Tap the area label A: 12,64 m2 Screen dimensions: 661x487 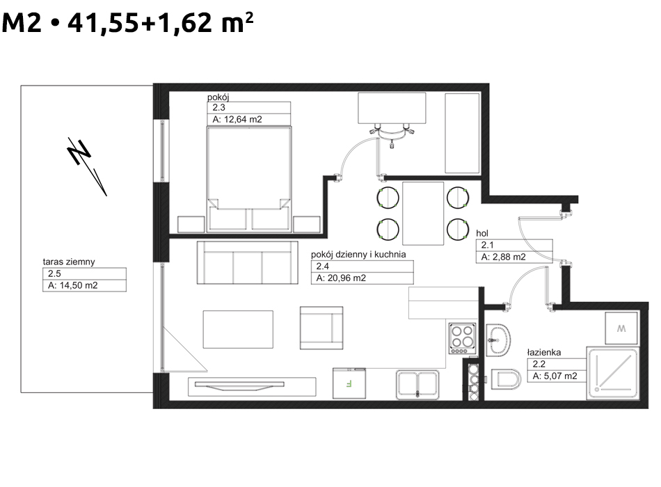tap(237, 120)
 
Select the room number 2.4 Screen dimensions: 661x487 tap(322, 266)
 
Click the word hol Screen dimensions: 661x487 tap(482, 233)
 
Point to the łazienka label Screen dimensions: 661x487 tap(544, 353)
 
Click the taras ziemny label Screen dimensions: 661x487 tap(69, 262)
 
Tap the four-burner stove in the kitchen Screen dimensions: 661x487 tap(462, 338)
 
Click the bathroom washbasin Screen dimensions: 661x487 tap(498, 340)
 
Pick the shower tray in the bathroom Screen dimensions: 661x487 tap(612, 374)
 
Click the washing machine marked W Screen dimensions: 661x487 tap(621, 328)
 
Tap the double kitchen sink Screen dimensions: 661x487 tap(417, 385)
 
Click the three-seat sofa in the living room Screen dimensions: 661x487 tap(248, 262)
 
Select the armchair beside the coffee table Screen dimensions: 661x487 tap(321, 328)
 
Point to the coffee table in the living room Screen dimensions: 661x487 tap(238, 329)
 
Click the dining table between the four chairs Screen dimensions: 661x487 tap(423, 214)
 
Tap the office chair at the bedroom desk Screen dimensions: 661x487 tap(392, 134)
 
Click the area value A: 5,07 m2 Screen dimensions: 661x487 tap(555, 376)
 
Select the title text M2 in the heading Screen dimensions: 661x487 tap(22, 23)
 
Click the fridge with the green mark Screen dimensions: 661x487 tap(349, 383)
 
